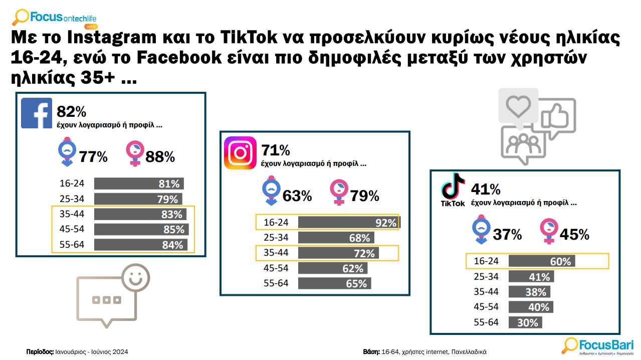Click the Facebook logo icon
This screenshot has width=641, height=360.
click(37, 113)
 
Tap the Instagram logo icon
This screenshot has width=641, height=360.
click(240, 152)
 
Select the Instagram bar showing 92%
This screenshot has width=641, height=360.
click(349, 223)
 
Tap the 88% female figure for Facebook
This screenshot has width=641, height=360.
click(160, 157)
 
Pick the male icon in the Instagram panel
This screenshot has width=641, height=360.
click(271, 191)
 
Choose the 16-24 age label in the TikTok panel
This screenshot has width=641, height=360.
click(487, 262)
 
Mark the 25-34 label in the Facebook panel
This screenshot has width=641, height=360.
click(72, 199)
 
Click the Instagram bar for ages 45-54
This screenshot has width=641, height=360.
click(332, 268)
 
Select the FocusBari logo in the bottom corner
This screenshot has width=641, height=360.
click(598, 345)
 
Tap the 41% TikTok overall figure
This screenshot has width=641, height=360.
click(486, 190)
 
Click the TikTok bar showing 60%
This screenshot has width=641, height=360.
click(542, 261)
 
